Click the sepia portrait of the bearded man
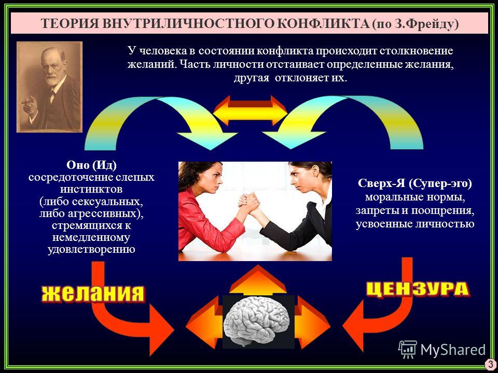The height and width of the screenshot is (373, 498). [x=50, y=87]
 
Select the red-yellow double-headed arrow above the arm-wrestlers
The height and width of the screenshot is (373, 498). [x=251, y=110]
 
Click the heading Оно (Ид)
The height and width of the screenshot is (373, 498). [x=91, y=165]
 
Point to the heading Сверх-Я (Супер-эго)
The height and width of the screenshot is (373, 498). [x=415, y=183]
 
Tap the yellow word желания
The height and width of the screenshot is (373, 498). [x=93, y=293]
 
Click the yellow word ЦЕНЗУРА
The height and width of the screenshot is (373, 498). [x=418, y=289]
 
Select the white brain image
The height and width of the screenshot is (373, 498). [x=258, y=322]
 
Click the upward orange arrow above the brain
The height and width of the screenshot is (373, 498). [x=258, y=280]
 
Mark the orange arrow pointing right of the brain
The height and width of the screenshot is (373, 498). [x=312, y=323]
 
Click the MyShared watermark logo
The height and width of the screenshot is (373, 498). [x=442, y=350]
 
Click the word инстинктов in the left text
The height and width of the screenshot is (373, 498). [x=91, y=190]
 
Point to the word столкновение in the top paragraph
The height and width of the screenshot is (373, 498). [x=416, y=51]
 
